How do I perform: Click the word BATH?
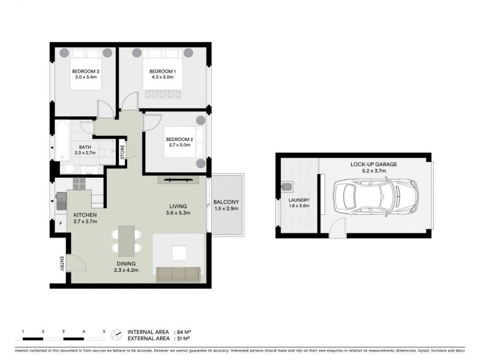coord(85,146)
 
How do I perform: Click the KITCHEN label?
coord(85,215)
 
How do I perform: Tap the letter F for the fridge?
coord(60,224)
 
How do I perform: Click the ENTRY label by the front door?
coord(61,262)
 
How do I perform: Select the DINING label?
coord(126,263)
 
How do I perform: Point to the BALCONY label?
coord(226,202)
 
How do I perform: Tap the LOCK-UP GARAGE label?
coord(374,164)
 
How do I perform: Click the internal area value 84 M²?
coord(183,332)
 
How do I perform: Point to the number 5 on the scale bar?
coord(104,331)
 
